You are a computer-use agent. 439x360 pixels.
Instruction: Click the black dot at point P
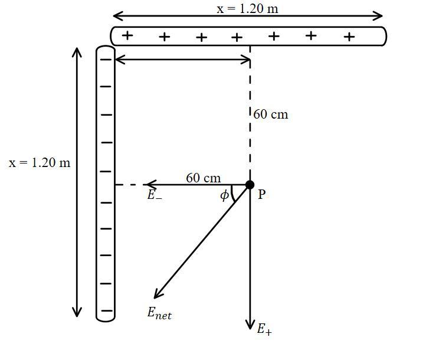[250, 185]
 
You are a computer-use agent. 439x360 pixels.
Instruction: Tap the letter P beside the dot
[262, 195]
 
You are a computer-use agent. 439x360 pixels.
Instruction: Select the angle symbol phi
[224, 195]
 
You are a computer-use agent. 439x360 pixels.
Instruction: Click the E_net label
[159, 313]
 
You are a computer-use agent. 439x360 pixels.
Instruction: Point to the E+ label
[264, 329]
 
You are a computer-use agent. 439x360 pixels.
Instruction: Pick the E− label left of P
[155, 195]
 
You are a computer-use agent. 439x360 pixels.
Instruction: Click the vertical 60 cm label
[271, 114]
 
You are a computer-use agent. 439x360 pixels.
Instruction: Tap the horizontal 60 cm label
[203, 178]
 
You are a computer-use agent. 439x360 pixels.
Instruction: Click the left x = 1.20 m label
[40, 163]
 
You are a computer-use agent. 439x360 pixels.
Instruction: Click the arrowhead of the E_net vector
[156, 296]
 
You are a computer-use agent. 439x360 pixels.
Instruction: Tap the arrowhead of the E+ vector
[250, 326]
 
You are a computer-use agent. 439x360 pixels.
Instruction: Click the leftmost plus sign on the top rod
[127, 36]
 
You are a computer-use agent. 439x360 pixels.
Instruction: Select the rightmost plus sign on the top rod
[349, 37]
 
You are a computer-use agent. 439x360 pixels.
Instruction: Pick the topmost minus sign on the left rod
[106, 59]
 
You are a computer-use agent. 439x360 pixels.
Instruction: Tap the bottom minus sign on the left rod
[106, 310]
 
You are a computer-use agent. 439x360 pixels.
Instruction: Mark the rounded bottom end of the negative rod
[106, 318]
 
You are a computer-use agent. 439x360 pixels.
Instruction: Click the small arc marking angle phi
[233, 194]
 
